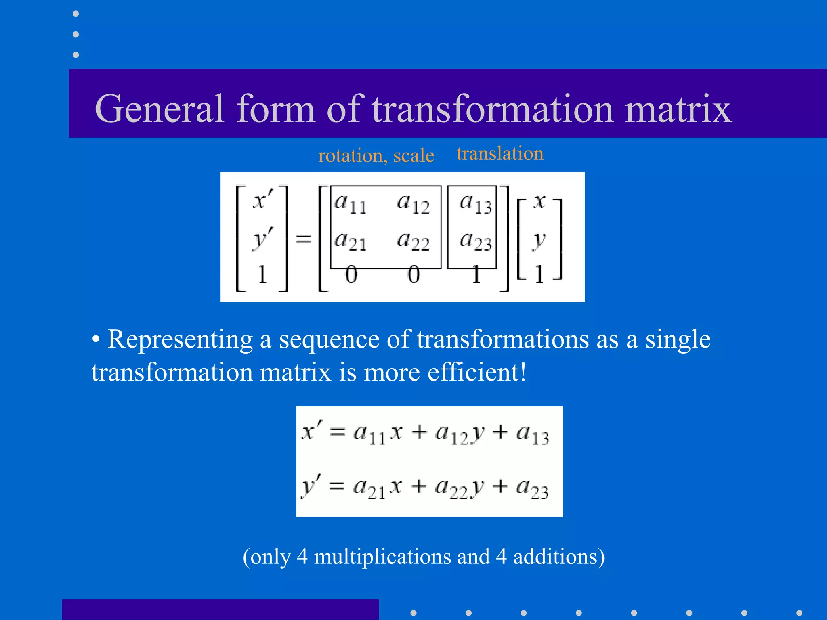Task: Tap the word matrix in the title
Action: (678, 109)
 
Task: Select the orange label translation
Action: (500, 153)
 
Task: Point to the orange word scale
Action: (413, 155)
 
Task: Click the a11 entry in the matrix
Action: (350, 203)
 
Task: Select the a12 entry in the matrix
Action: (413, 203)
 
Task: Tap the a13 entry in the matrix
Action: (476, 203)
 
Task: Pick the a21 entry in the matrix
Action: (350, 241)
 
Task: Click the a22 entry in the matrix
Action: (413, 241)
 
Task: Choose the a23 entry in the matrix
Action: (476, 241)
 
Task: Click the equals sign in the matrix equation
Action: (303, 239)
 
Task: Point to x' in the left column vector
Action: (262, 200)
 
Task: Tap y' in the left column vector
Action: (262, 238)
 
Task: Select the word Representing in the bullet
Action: (180, 339)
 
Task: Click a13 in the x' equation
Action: (533, 434)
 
